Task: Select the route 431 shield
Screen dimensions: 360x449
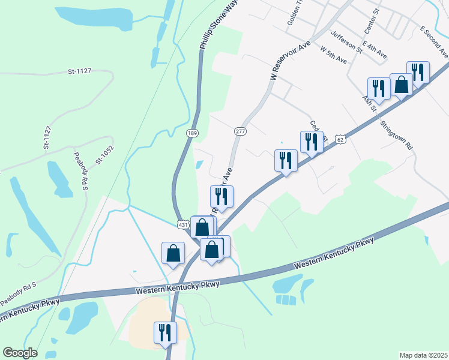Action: click(183, 224)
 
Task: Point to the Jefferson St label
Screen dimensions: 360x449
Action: click(346, 43)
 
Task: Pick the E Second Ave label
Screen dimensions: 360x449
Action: click(434, 41)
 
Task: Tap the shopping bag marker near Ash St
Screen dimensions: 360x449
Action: click(401, 85)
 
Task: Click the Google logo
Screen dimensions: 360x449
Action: click(20, 353)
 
